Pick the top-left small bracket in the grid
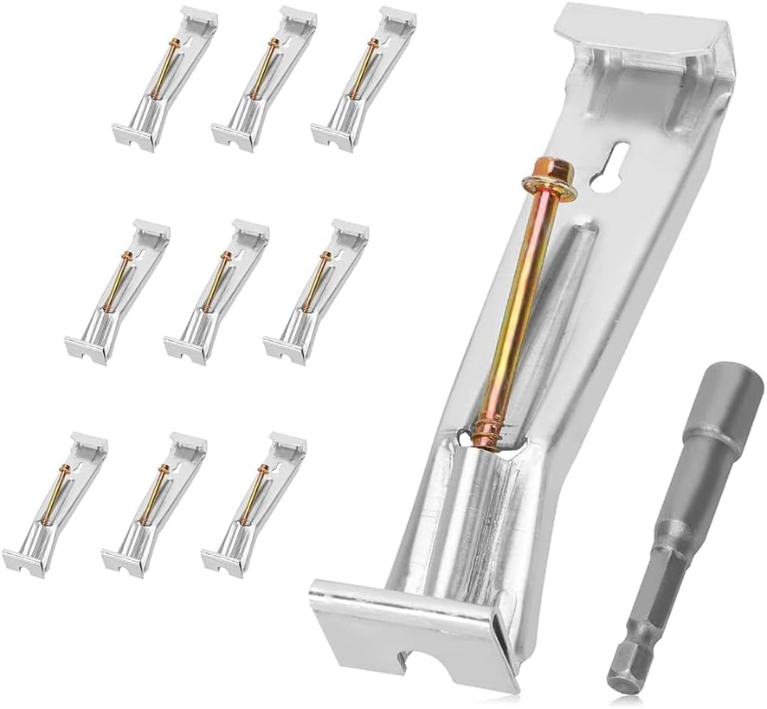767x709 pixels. (164, 78)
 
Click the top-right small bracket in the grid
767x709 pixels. (364, 78)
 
